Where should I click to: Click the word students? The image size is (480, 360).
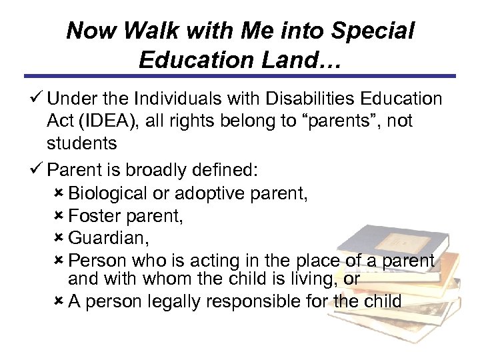click(x=82, y=143)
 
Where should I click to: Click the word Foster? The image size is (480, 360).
click(x=91, y=216)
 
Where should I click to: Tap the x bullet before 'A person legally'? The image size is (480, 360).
click(x=59, y=301)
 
